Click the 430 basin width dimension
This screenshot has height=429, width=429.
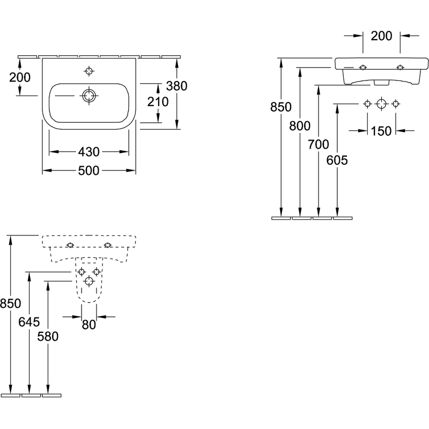(88, 152)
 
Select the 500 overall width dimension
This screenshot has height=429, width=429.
(88, 171)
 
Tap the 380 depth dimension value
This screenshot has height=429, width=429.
(177, 86)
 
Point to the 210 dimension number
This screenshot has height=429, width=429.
(158, 102)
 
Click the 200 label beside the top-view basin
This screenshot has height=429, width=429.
(20, 77)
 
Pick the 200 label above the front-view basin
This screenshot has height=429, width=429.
(381, 36)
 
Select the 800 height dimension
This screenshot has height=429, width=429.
(300, 126)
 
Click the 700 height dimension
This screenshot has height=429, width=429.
(319, 144)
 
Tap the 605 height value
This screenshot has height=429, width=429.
(337, 160)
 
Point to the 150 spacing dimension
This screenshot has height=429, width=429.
(381, 131)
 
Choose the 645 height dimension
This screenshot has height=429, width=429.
(29, 322)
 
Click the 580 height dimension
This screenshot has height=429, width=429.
(48, 337)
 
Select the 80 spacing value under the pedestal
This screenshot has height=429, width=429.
(89, 325)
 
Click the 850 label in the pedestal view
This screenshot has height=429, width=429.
(10, 304)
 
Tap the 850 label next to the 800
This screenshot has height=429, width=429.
(280, 107)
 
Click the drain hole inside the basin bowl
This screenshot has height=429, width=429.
(89, 96)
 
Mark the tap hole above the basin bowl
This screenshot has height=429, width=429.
(89, 71)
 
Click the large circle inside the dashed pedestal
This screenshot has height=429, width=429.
(89, 281)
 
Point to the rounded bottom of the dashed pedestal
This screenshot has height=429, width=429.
(89, 302)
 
